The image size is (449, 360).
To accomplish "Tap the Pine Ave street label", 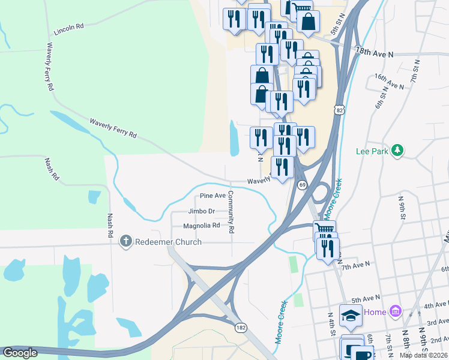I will pos(212,196).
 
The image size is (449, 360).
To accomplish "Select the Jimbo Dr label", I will pos(201,211).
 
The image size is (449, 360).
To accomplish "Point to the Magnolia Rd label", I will pos(202,226).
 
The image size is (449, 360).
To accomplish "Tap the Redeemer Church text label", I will pos(168,242).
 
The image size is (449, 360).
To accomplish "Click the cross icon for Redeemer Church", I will pos(126,242).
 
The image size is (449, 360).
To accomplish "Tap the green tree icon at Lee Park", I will pos(397,150).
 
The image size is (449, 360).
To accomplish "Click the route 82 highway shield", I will pos(340,110).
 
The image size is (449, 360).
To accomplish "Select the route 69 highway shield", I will pos(303,185).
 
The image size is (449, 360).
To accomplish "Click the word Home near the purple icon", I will pos(375,312).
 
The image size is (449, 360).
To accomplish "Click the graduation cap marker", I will pos(351,314).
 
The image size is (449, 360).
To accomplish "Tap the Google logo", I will pos(20,353).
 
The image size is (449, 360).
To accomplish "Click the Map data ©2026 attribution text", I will pos(423,355).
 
